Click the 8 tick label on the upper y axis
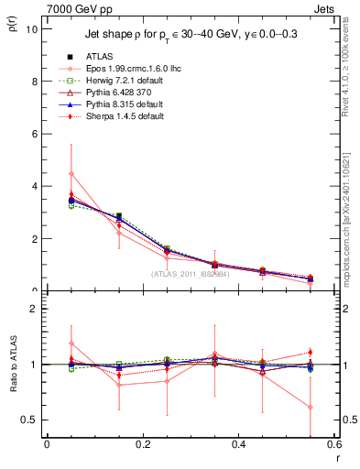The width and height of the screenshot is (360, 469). [34, 81]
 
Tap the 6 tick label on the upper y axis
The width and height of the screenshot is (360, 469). [34, 134]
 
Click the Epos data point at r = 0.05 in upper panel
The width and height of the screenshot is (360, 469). [71, 173]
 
